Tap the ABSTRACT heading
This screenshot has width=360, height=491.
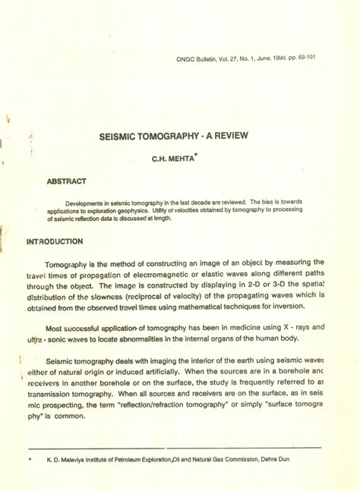click(x=67, y=182)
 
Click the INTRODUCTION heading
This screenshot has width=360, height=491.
click(x=55, y=241)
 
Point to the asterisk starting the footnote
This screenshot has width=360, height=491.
click(x=29, y=460)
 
